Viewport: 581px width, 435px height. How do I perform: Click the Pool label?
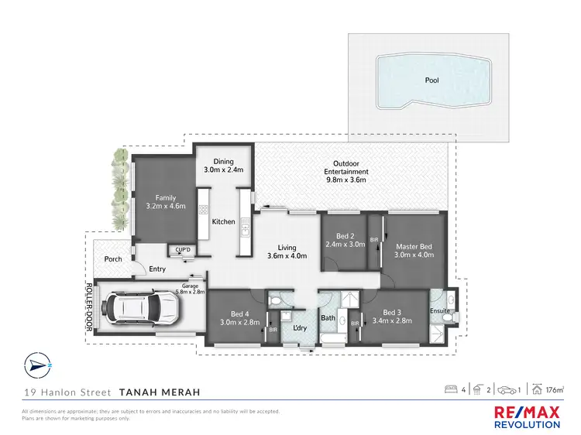click(431, 80)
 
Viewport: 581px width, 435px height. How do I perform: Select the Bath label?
click(328, 317)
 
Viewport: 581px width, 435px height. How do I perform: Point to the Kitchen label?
click(224, 222)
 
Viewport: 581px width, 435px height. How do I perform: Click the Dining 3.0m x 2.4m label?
click(223, 166)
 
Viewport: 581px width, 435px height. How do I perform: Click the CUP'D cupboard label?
click(183, 250)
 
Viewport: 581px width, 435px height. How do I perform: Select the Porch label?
click(113, 259)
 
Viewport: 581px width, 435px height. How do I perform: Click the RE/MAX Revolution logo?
click(527, 414)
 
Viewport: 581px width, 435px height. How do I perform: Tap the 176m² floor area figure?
click(552, 389)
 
